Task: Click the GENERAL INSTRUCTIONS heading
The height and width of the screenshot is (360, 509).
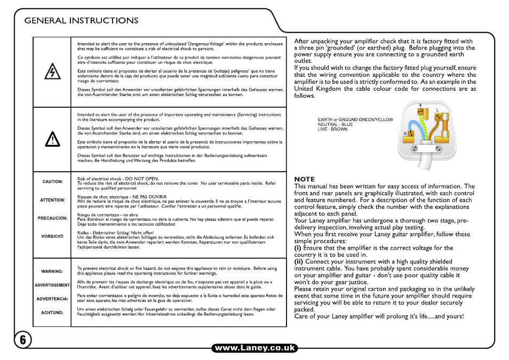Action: point(82,21)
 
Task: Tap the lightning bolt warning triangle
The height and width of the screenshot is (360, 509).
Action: point(52,71)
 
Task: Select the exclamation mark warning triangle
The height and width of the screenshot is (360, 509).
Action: point(52,139)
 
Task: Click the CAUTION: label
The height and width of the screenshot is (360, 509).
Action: point(53,182)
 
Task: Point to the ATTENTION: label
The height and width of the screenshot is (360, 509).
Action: point(53,201)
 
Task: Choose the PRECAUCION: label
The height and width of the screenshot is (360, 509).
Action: point(52,218)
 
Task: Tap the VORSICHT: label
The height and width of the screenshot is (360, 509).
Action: point(53,236)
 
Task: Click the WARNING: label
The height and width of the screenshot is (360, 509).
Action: point(52,271)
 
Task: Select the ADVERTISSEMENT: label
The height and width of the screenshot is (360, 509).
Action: point(52,285)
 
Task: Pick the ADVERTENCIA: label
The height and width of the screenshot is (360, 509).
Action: point(52,299)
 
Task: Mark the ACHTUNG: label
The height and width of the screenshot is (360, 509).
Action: point(52,313)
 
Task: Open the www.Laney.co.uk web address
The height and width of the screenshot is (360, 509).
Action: point(254,348)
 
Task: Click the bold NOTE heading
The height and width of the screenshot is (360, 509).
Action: point(305,179)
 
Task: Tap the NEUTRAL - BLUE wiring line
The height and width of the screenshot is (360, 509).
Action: point(335,124)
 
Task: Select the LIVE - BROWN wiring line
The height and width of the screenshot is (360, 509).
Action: point(332,129)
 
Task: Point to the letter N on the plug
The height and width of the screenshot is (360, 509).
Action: point(405,132)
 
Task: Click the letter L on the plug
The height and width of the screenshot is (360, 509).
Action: point(438,110)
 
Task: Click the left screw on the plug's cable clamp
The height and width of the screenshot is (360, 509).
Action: point(414,151)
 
